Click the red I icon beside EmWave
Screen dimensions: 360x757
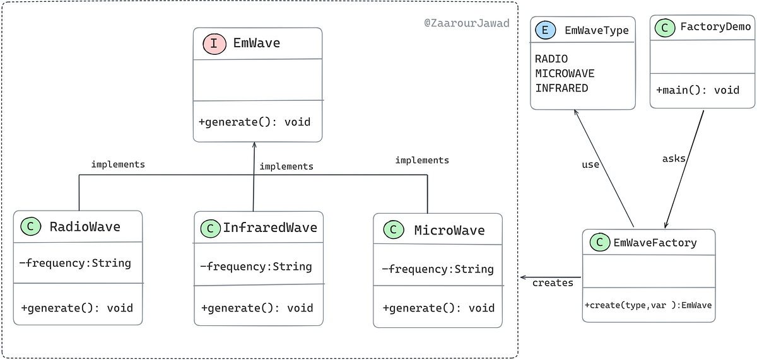click(214, 44)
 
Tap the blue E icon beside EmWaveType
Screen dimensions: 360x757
click(543, 28)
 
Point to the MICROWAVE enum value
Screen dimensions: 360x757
click(565, 73)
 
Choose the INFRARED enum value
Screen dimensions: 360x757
click(561, 88)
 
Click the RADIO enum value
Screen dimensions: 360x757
click(551, 59)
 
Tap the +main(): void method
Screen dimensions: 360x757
click(698, 90)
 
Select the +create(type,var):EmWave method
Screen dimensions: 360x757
click(648, 305)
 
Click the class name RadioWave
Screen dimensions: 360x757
click(85, 227)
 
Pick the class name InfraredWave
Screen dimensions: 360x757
click(269, 228)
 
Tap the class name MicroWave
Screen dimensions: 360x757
click(449, 230)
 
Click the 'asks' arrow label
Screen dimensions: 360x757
click(674, 159)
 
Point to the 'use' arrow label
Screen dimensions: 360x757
click(590, 165)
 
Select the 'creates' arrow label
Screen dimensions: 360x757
click(553, 282)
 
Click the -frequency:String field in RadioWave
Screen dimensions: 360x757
click(76, 263)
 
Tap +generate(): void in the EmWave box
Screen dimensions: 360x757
click(254, 122)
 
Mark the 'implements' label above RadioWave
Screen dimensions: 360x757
click(118, 165)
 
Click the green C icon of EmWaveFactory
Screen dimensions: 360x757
click(597, 242)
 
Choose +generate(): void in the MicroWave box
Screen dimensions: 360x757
click(438, 308)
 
